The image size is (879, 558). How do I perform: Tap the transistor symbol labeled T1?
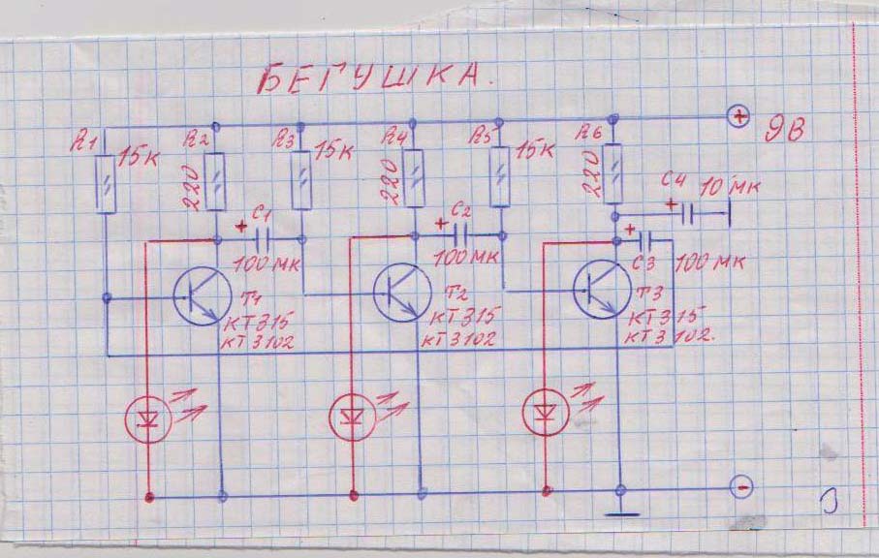pyautogui.click(x=203, y=295)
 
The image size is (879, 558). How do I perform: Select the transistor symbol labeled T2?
pyautogui.click(x=400, y=289)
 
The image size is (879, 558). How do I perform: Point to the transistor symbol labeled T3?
pyautogui.click(x=599, y=286)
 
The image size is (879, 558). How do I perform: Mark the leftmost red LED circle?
pyautogui.click(x=149, y=418)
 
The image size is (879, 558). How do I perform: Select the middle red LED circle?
pyautogui.click(x=351, y=417)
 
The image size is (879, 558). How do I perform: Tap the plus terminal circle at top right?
pyautogui.click(x=739, y=117)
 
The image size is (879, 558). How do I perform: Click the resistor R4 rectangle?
pyautogui.click(x=414, y=178)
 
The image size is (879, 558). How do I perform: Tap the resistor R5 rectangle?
pyautogui.click(x=500, y=176)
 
